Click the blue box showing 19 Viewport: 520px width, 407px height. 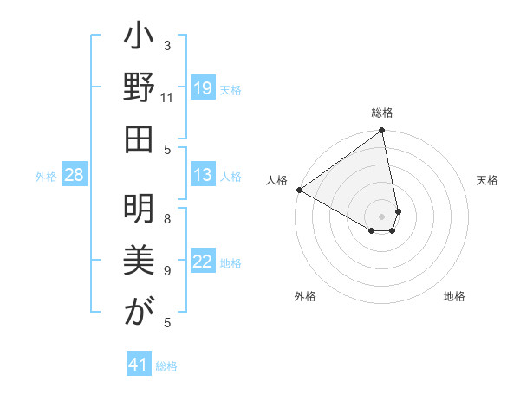202,88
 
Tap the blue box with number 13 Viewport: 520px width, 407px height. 202,175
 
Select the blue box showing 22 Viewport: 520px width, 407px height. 202,262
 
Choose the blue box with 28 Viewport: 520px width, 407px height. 75,175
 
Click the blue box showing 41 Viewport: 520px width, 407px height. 139,365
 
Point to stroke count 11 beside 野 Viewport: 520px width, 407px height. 167,97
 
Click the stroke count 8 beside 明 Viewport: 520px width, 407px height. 167,218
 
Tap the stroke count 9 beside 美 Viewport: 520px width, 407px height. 167,270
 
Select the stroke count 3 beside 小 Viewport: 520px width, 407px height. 167,45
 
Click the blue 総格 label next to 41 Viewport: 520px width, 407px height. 166,366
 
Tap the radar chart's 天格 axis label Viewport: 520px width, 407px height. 487,180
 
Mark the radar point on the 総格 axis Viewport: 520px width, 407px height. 382,132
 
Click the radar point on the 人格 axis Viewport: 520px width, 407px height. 299,190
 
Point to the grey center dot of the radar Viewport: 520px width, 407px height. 382,215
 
